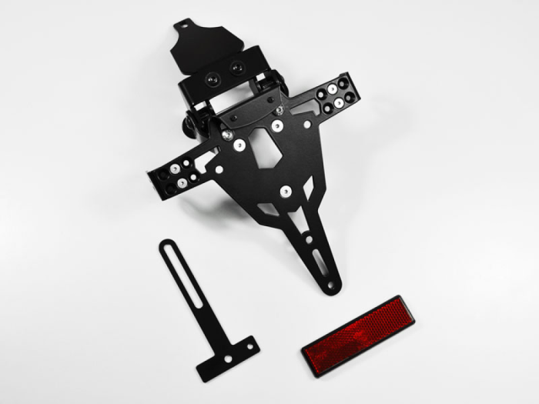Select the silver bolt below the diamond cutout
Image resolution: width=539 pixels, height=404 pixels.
coord(286,190)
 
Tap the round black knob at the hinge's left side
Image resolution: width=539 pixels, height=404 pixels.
coord(187,122)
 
